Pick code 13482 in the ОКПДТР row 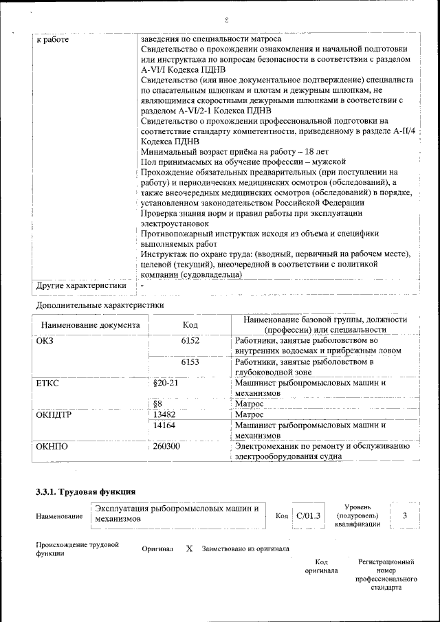pyautogui.click(x=166, y=415)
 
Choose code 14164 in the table pyautogui.click(x=166, y=425)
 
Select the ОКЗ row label pyautogui.click(x=45, y=340)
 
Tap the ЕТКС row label pyautogui.click(x=47, y=383)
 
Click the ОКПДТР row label pyautogui.click(x=54, y=415)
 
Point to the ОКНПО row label pyautogui.click(x=52, y=447)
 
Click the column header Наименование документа pyautogui.click(x=90, y=325)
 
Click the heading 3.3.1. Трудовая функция pyautogui.click(x=85, y=492)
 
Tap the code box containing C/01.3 pyautogui.click(x=307, y=515)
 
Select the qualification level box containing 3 pyautogui.click(x=405, y=515)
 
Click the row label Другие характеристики pyautogui.click(x=81, y=285)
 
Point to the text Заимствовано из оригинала pyautogui.click(x=245, y=549)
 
